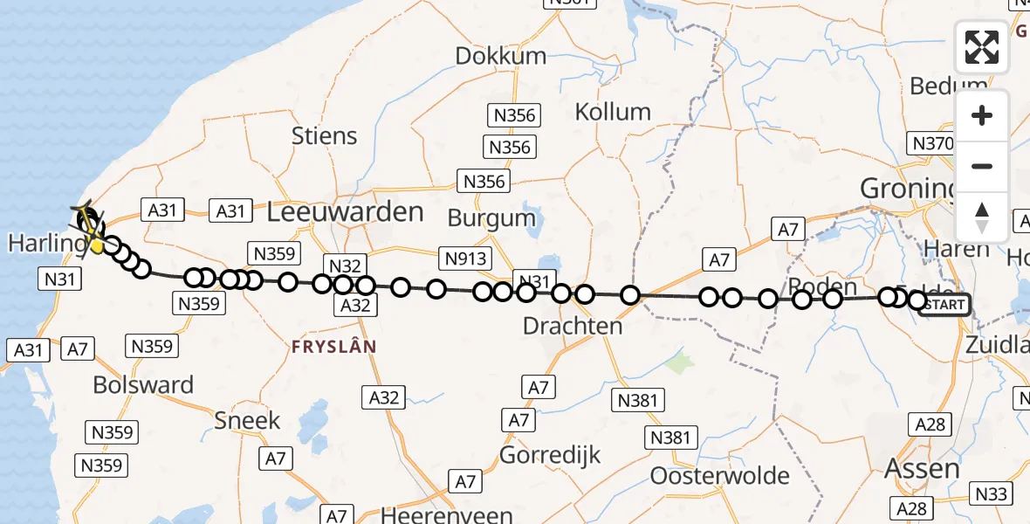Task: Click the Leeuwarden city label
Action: pyautogui.click(x=345, y=211)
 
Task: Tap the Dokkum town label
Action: pyautogui.click(x=501, y=56)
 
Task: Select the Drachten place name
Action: pyautogui.click(x=573, y=326)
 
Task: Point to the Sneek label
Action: pyautogui.click(x=248, y=420)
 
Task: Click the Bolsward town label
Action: pyautogui.click(x=143, y=385)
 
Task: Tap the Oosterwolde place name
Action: pyautogui.click(x=719, y=476)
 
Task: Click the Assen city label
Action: pyautogui.click(x=922, y=469)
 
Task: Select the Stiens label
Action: pyautogui.click(x=325, y=136)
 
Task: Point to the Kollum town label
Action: pyautogui.click(x=613, y=112)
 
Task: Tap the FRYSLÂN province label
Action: pyautogui.click(x=334, y=347)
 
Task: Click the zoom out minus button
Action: pyautogui.click(x=982, y=166)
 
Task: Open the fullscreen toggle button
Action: pyautogui.click(x=982, y=47)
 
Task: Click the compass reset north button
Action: pyautogui.click(x=982, y=217)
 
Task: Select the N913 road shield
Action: pyautogui.click(x=466, y=259)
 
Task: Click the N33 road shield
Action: pyautogui.click(x=991, y=494)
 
